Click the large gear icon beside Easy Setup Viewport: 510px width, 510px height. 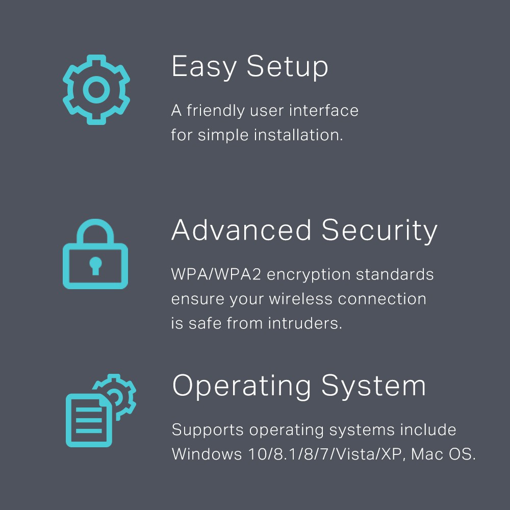click(96, 90)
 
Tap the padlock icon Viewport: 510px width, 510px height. click(95, 255)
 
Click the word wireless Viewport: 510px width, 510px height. click(296, 299)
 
